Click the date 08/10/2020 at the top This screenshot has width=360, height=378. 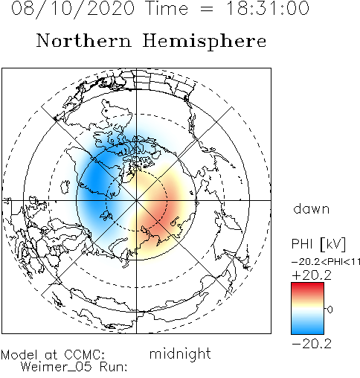pos(73,9)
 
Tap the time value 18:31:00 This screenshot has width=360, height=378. pos(268,8)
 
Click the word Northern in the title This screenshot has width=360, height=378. pos(84,41)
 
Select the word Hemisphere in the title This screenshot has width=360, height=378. pos(205,42)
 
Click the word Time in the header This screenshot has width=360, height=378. pos(167,8)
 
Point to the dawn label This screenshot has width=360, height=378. pos(312,208)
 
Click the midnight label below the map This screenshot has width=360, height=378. pos(180,354)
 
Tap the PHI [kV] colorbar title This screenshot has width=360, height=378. pos(318,244)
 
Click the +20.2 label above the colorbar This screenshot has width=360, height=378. pos(312,275)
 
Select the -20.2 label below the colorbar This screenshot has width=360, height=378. pos(312,344)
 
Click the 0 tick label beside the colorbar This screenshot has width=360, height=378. pos(330,310)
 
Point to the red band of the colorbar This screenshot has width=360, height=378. pos(307,289)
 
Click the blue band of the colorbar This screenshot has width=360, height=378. pos(307,327)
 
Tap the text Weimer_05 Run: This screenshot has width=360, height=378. pos(74,367)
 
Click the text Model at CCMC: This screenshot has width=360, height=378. pos(53,355)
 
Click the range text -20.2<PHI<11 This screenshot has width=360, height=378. pos(326,262)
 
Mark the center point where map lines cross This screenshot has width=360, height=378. pos(136,200)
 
